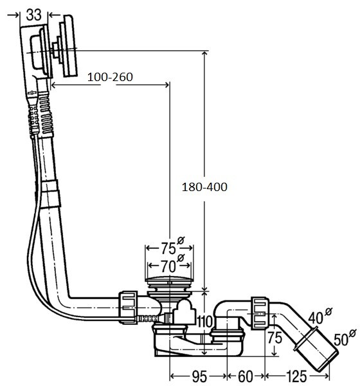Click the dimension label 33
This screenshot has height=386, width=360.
(x=33, y=15)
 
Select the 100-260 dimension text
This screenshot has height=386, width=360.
(x=110, y=77)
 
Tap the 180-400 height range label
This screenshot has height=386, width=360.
(x=204, y=187)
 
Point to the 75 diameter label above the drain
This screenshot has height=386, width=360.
(x=168, y=248)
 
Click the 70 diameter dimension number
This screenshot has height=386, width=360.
(x=168, y=266)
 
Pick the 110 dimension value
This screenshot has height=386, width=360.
(x=204, y=322)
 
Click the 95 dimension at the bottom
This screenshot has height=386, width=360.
(x=199, y=376)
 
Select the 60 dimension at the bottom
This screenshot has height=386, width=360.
(x=246, y=376)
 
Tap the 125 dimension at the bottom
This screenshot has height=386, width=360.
(x=296, y=376)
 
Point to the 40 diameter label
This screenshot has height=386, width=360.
(x=316, y=318)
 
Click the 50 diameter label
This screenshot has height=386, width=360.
(x=341, y=340)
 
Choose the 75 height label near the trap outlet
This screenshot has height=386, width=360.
(x=274, y=338)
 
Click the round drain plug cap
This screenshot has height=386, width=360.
(x=169, y=279)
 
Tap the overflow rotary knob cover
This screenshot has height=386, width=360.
(x=69, y=46)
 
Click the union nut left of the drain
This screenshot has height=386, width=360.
(x=128, y=308)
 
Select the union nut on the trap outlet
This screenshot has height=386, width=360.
(x=260, y=313)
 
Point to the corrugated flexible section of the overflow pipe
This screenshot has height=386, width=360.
(x=46, y=115)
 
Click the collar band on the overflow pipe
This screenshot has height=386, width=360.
(x=50, y=194)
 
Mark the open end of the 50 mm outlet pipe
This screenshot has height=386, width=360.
(x=330, y=362)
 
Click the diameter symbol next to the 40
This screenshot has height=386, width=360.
(x=328, y=311)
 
